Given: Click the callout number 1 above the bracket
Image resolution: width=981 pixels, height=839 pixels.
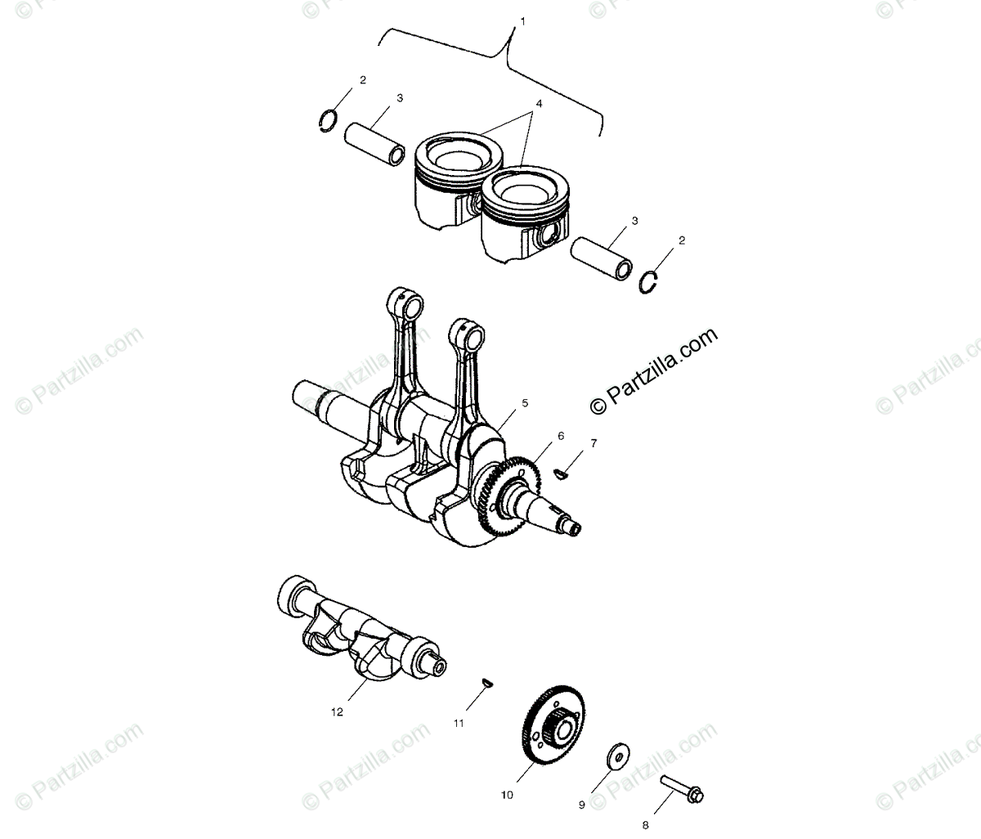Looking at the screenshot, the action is pyautogui.click(x=523, y=20).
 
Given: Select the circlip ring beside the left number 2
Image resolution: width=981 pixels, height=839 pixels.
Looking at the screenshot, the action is pyautogui.click(x=328, y=120).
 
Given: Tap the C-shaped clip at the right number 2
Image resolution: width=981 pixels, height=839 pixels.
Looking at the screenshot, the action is pyautogui.click(x=649, y=282).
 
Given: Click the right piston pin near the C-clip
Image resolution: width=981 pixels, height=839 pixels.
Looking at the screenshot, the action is pyautogui.click(x=602, y=257).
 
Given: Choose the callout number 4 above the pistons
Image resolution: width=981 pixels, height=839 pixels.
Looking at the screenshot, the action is pyautogui.click(x=539, y=105).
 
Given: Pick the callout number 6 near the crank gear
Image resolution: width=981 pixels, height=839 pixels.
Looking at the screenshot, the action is pyautogui.click(x=560, y=436).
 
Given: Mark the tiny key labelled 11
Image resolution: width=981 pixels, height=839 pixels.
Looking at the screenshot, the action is pyautogui.click(x=487, y=684).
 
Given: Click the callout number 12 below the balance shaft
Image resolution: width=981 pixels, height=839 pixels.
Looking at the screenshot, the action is pyautogui.click(x=337, y=711).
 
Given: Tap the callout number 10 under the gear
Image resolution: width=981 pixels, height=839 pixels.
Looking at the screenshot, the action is pyautogui.click(x=507, y=794).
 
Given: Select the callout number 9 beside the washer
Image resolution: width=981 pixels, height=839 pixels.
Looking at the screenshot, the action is pyautogui.click(x=582, y=805).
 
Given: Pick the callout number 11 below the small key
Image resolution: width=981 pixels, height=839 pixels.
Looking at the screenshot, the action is pyautogui.click(x=459, y=723).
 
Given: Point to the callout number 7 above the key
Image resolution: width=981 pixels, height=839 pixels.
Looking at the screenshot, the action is pyautogui.click(x=594, y=443).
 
